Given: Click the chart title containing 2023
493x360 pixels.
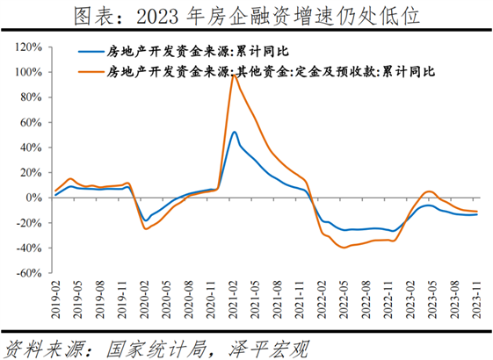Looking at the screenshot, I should tap(247, 15).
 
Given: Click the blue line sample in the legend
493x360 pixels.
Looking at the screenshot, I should tap(91, 53).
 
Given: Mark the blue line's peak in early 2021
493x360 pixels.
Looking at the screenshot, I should tap(234, 132).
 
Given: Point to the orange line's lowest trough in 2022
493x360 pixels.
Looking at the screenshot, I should tap(344, 248).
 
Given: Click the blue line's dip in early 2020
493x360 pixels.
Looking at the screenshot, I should tap(145, 220).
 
